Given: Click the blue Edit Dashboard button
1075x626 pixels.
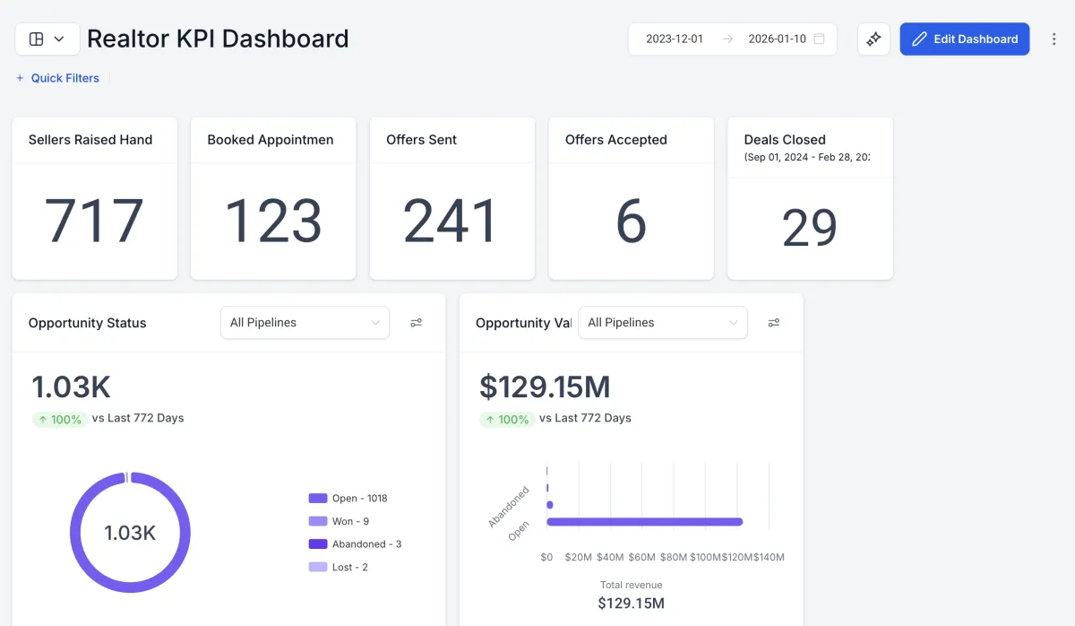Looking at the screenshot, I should click(x=965, y=39).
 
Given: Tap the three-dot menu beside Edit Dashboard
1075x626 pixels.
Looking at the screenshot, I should click(x=1053, y=39).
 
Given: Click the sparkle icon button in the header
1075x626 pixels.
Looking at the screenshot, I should click(x=873, y=39).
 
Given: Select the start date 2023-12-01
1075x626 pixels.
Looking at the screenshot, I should click(x=675, y=39).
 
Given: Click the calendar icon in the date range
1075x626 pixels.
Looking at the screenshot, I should click(x=819, y=39).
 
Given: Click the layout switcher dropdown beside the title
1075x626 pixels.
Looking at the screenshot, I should click(x=47, y=39).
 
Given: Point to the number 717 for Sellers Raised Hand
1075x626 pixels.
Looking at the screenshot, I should click(x=94, y=221).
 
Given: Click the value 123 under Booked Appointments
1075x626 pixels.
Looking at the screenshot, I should click(x=273, y=221).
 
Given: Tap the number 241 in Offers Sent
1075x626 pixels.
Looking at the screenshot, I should click(x=451, y=221).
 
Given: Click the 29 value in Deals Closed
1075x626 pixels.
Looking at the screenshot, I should click(x=810, y=229).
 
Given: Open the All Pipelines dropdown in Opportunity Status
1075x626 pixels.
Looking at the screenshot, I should click(x=305, y=323).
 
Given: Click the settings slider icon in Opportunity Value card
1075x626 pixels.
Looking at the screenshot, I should click(x=774, y=323).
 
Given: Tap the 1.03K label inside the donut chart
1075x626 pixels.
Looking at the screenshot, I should click(x=130, y=533).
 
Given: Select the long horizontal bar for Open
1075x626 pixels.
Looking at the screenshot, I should click(x=645, y=522).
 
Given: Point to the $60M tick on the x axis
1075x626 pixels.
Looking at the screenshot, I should click(x=641, y=557).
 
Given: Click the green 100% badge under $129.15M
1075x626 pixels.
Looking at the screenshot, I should click(x=507, y=419).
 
